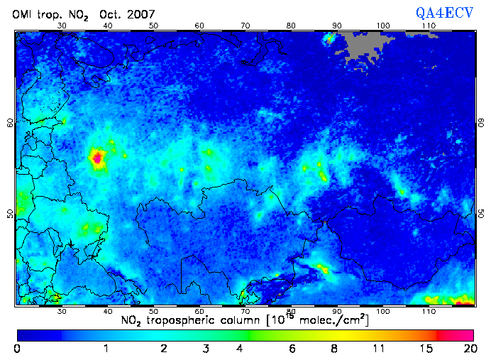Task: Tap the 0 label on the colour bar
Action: [17, 349]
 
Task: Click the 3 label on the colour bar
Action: [206, 349]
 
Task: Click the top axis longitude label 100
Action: [383, 26]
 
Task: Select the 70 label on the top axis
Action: [245, 26]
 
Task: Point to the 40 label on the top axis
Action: [108, 26]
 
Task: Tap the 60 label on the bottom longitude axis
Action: [199, 311]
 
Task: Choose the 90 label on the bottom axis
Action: [337, 311]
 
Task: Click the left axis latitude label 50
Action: [10, 213]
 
